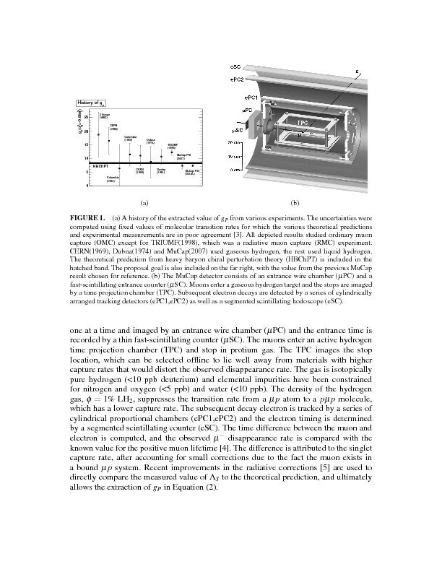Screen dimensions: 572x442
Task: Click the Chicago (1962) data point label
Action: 103,116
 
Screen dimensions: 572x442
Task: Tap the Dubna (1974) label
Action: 150,141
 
